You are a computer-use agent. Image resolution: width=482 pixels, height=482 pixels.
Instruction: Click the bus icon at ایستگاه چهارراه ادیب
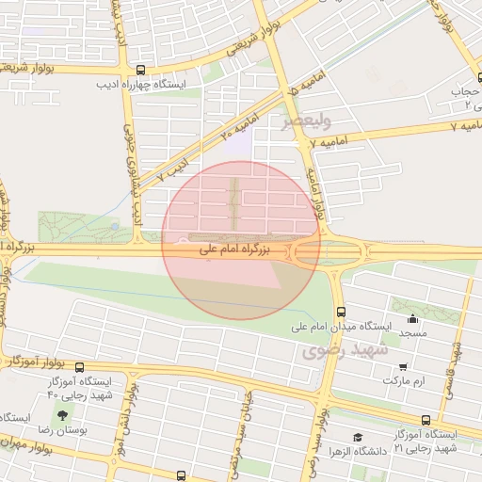coord(141,69)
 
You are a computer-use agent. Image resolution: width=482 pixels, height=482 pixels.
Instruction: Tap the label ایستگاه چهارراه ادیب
coord(141,84)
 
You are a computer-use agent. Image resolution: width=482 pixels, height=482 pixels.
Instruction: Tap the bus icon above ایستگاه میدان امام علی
coord(340,312)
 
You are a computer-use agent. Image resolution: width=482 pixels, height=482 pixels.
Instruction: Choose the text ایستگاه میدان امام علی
coord(340,326)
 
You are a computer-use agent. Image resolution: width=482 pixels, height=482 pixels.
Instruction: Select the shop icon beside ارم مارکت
coord(403,367)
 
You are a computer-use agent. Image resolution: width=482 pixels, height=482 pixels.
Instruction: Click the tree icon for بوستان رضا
coord(62,414)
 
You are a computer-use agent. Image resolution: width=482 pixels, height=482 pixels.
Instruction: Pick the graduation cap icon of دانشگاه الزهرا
coord(358,437)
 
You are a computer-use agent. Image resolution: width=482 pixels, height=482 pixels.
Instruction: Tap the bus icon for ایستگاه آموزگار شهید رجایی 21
coord(426,421)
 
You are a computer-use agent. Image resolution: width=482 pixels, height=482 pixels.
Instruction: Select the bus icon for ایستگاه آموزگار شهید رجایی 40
coord(78,368)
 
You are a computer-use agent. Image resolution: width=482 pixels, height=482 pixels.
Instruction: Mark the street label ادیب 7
coord(172,169)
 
